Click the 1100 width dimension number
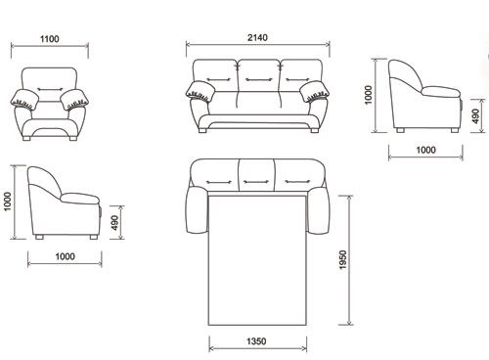[x=50, y=39]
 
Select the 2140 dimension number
[x=257, y=37]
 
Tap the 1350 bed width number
[x=256, y=341]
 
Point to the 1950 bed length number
[x=343, y=259]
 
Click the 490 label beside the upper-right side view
[x=476, y=116]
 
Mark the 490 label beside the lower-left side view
[x=115, y=223]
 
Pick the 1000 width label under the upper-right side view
[x=425, y=150]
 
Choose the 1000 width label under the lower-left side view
[x=66, y=256]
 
